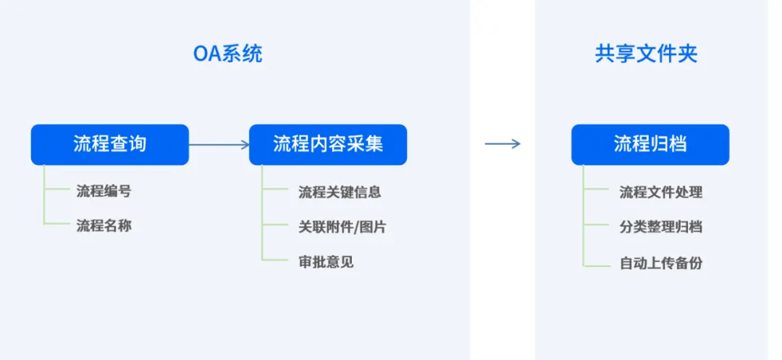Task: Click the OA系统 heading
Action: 227,54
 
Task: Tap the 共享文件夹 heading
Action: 646,54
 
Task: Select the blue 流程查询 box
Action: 110,145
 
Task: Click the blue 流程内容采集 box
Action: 328,145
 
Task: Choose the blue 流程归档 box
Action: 650,145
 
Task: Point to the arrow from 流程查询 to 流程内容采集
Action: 219,145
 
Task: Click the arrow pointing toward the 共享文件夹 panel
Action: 503,144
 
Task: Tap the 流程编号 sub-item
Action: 104,191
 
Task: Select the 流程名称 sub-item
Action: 104,226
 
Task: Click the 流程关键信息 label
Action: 340,192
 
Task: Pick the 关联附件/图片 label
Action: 342,227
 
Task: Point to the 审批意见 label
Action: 326,261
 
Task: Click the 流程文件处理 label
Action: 661,192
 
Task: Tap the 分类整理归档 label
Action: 661,227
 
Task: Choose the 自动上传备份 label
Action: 661,263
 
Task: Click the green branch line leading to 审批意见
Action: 275,260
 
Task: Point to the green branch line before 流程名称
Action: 57,224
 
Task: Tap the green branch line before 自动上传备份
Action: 597,266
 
